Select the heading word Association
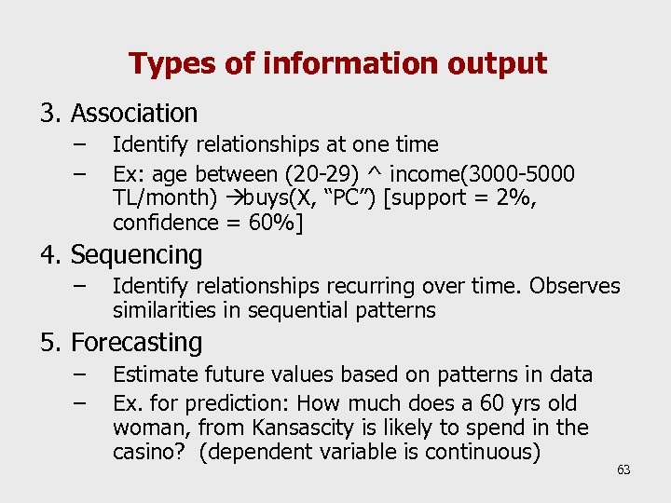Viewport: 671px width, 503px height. (x=134, y=114)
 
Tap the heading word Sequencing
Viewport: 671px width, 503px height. (x=136, y=254)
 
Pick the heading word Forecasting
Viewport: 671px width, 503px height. (x=136, y=343)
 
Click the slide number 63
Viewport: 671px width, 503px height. (x=623, y=469)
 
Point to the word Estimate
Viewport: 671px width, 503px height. (x=150, y=374)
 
